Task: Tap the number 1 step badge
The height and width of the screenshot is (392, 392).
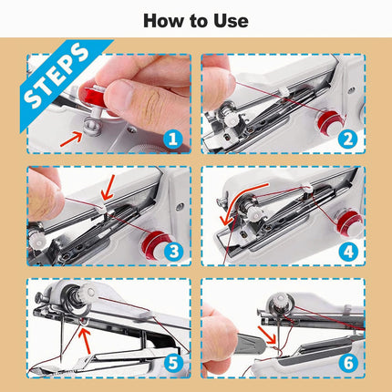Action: tap(176, 139)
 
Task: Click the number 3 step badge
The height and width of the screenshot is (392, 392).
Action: tap(176, 251)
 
